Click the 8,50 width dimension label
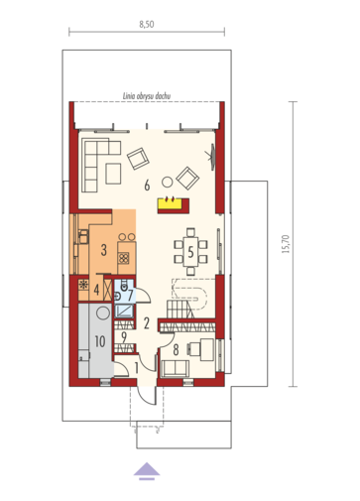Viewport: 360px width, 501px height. point(147,25)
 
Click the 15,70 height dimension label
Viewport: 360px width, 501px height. point(286,244)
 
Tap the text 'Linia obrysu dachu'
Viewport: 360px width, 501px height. point(147,96)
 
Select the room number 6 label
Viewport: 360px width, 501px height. point(147,186)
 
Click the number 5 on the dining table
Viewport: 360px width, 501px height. point(190,252)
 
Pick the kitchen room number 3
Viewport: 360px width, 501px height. point(104,250)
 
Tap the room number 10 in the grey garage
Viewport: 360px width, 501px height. point(100,341)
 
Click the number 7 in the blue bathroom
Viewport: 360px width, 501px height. point(131,295)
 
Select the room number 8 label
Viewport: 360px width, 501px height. point(176,349)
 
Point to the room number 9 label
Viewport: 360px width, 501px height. point(124,337)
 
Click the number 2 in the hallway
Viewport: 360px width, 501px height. point(147,323)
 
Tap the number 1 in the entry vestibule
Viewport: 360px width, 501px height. point(137,368)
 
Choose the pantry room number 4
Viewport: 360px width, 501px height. point(96,290)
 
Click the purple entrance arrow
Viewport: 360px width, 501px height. point(147,471)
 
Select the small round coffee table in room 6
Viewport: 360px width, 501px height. point(167,183)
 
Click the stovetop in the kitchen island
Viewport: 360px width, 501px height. point(124,258)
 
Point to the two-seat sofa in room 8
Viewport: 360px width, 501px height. point(176,368)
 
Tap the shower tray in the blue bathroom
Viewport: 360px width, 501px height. point(124,312)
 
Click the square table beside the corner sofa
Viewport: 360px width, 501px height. point(113,174)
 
